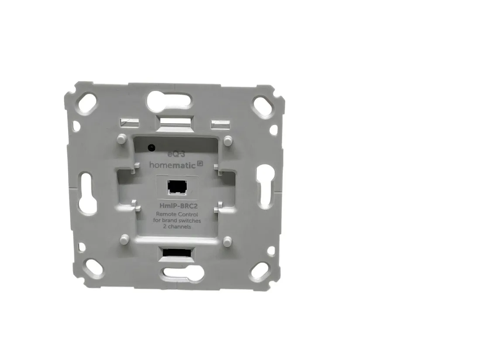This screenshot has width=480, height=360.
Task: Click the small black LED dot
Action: coord(151,147)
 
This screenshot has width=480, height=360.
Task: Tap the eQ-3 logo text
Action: coord(177,154)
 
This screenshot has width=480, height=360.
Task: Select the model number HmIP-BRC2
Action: coord(178,206)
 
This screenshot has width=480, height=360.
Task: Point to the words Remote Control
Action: coord(177,214)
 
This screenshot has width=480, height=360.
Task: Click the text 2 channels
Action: coord(177,227)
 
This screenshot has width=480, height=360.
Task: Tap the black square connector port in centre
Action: coord(177,187)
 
